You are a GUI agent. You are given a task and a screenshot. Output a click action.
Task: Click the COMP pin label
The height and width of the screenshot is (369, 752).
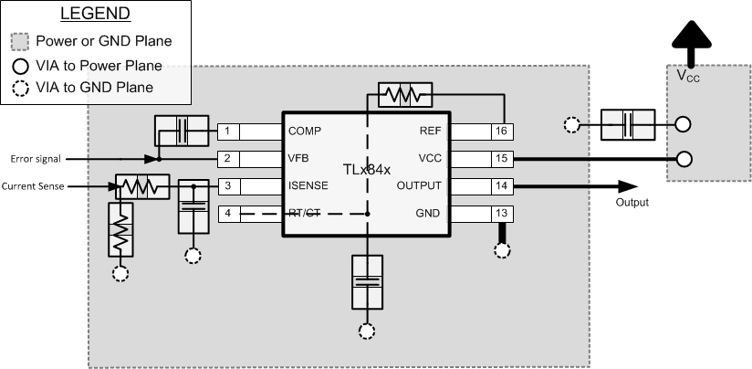304,132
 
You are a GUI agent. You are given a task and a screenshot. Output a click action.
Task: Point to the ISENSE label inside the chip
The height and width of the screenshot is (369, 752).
308,186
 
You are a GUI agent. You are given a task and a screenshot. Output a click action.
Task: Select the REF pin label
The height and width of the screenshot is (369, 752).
431,132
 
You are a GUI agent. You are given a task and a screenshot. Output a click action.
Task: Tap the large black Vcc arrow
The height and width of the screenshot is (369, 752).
689,45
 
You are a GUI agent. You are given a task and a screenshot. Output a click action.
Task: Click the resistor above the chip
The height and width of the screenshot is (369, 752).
398,94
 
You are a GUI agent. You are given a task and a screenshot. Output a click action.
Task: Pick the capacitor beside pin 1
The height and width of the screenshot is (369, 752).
182,131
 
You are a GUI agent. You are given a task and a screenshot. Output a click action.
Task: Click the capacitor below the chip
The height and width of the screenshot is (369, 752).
366,283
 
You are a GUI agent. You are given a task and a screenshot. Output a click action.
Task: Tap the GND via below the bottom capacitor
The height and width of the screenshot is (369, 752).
366,332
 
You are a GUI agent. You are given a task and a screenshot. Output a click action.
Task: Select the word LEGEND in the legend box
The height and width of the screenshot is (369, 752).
95,15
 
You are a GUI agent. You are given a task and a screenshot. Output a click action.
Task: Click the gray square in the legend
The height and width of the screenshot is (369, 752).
21,41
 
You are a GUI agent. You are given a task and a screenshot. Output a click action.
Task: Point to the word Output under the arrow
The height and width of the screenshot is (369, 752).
632,202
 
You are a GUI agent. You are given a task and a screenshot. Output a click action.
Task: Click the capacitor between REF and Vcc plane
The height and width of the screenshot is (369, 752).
628,124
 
